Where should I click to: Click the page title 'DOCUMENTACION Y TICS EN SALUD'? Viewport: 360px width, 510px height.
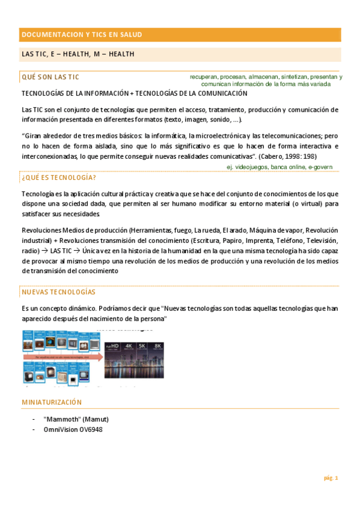pyautogui.click(x=82, y=35)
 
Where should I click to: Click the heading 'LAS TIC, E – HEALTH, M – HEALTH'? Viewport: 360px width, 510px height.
pyautogui.click(x=78, y=55)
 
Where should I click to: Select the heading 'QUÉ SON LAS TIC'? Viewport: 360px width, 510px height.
pyautogui.click(x=50, y=77)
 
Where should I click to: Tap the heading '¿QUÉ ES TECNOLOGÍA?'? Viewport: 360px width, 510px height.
pyautogui.click(x=59, y=178)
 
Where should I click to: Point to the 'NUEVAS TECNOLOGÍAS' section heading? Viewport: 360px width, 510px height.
pyautogui.click(x=58, y=292)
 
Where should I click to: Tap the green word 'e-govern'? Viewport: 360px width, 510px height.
pyautogui.click(x=320, y=167)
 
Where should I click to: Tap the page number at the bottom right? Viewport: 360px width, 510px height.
pyautogui.click(x=331, y=478)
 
